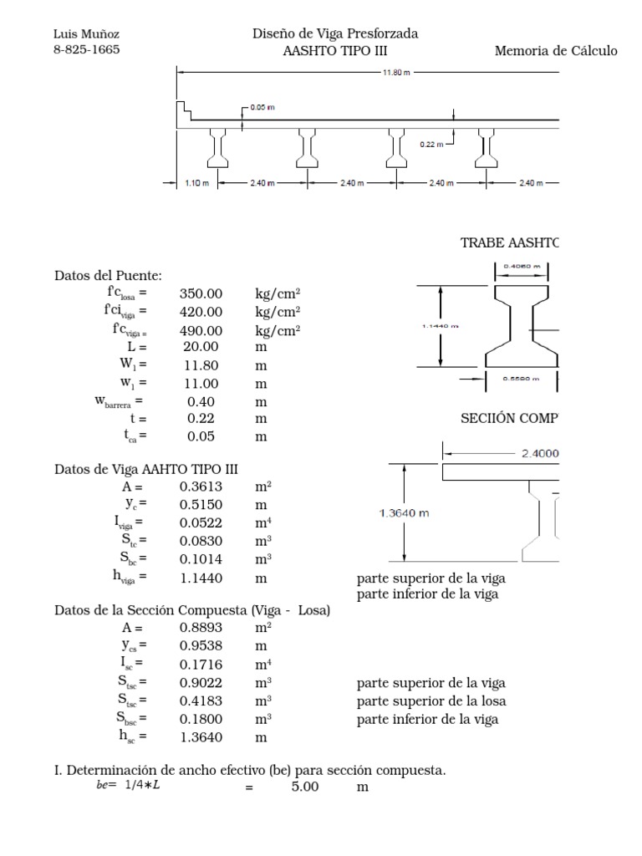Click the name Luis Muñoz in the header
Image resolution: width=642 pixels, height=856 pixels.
pyautogui.click(x=86, y=33)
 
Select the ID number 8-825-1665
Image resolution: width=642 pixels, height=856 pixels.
pyautogui.click(x=86, y=49)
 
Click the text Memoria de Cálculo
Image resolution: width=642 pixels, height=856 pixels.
pyautogui.click(x=556, y=51)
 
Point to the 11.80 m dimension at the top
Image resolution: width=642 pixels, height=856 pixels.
pyautogui.click(x=396, y=72)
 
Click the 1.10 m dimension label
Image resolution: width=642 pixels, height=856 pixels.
pyautogui.click(x=196, y=183)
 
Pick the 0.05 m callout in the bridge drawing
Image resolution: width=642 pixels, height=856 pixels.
pyautogui.click(x=263, y=109)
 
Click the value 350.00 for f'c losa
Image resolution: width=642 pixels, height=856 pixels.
pyautogui.click(x=201, y=293)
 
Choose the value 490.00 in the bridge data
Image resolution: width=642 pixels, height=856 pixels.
pyautogui.click(x=201, y=330)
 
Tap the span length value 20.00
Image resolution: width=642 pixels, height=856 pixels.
pyautogui.click(x=201, y=347)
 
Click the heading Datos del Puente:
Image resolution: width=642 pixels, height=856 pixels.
pyautogui.click(x=109, y=275)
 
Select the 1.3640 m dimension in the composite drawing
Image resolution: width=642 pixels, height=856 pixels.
pyautogui.click(x=405, y=513)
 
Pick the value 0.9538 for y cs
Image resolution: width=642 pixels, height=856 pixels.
pyautogui.click(x=201, y=646)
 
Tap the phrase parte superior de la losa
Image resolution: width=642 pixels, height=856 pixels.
pyautogui.click(x=431, y=701)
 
